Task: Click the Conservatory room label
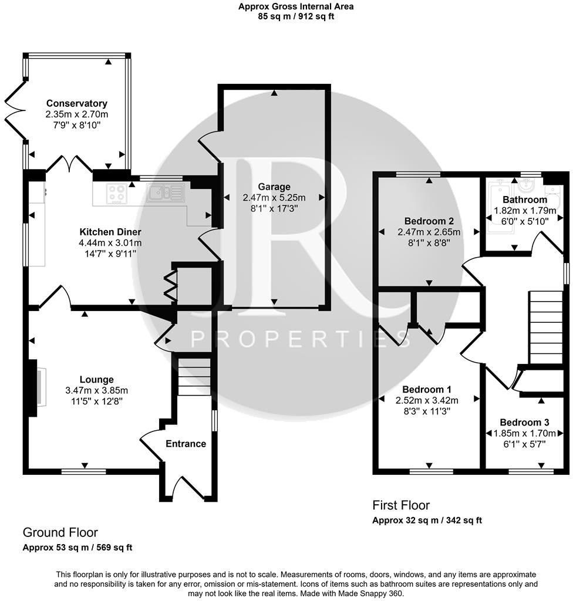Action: (x=77, y=103)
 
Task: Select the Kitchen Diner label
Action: (x=110, y=232)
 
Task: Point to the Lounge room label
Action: (x=97, y=379)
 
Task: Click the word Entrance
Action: (x=186, y=444)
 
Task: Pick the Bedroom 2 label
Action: (x=429, y=221)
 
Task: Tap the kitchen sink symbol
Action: (x=166, y=193)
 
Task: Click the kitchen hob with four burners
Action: (x=116, y=193)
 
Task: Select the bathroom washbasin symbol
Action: (x=525, y=186)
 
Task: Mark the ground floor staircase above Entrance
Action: (x=194, y=377)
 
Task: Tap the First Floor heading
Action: (x=401, y=505)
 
